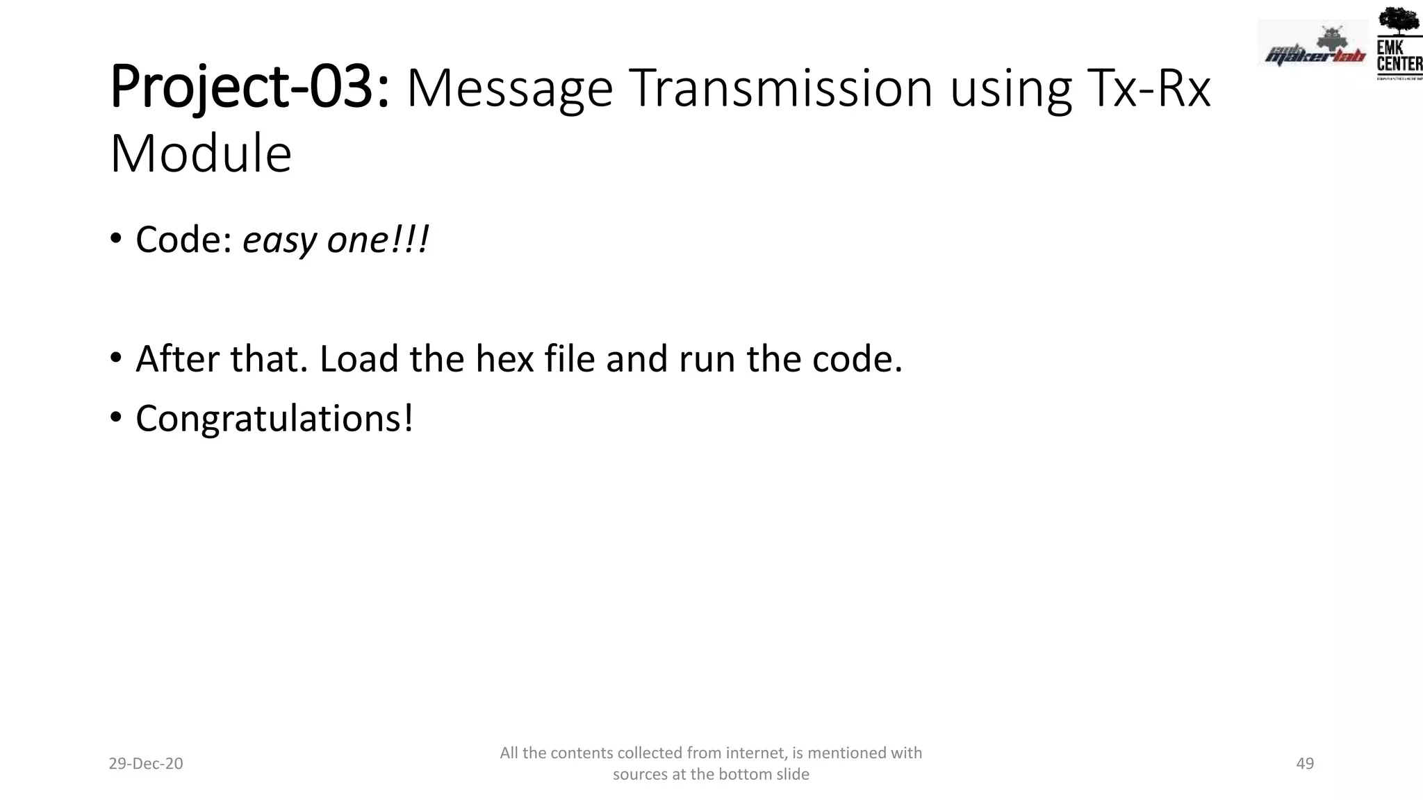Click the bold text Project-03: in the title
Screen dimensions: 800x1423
(x=249, y=88)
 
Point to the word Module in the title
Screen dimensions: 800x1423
(x=201, y=153)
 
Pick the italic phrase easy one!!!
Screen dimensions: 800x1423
(x=336, y=240)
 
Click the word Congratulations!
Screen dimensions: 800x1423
(x=274, y=419)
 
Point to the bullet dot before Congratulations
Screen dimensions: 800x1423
(x=116, y=417)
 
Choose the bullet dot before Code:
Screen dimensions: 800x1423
(x=116, y=239)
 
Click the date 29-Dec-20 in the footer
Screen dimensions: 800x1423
(x=146, y=764)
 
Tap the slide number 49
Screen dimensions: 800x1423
(x=1305, y=764)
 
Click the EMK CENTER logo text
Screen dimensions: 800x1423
(x=1399, y=56)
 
